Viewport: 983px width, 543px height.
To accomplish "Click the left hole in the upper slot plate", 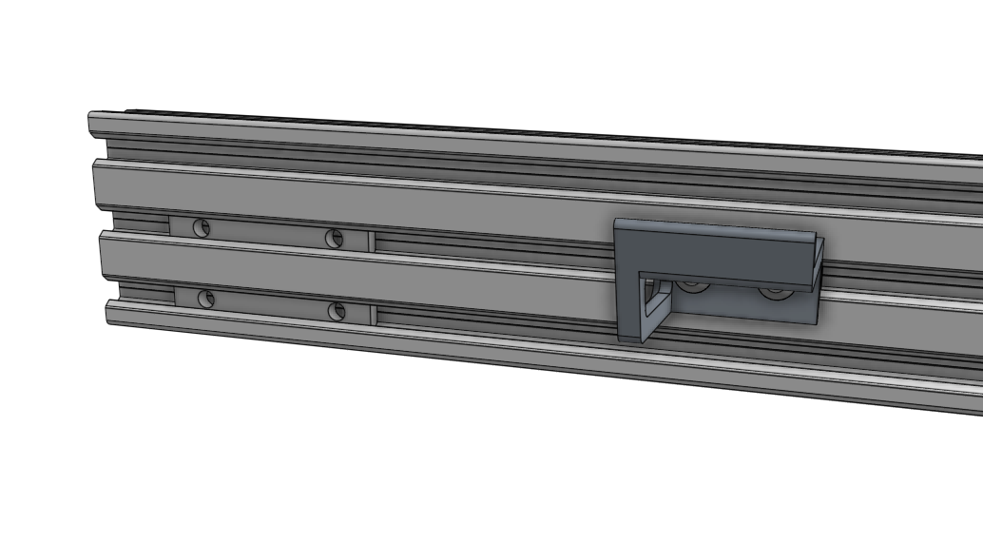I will [201, 227].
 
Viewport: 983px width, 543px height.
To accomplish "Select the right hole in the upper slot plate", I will [334, 238].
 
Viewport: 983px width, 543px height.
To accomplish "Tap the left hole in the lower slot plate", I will [205, 299].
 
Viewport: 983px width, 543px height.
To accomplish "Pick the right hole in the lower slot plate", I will [336, 310].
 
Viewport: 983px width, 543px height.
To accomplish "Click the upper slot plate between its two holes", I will [266, 233].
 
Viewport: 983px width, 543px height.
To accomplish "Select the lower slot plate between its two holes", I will [271, 304].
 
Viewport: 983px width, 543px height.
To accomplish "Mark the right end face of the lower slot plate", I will [373, 314].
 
